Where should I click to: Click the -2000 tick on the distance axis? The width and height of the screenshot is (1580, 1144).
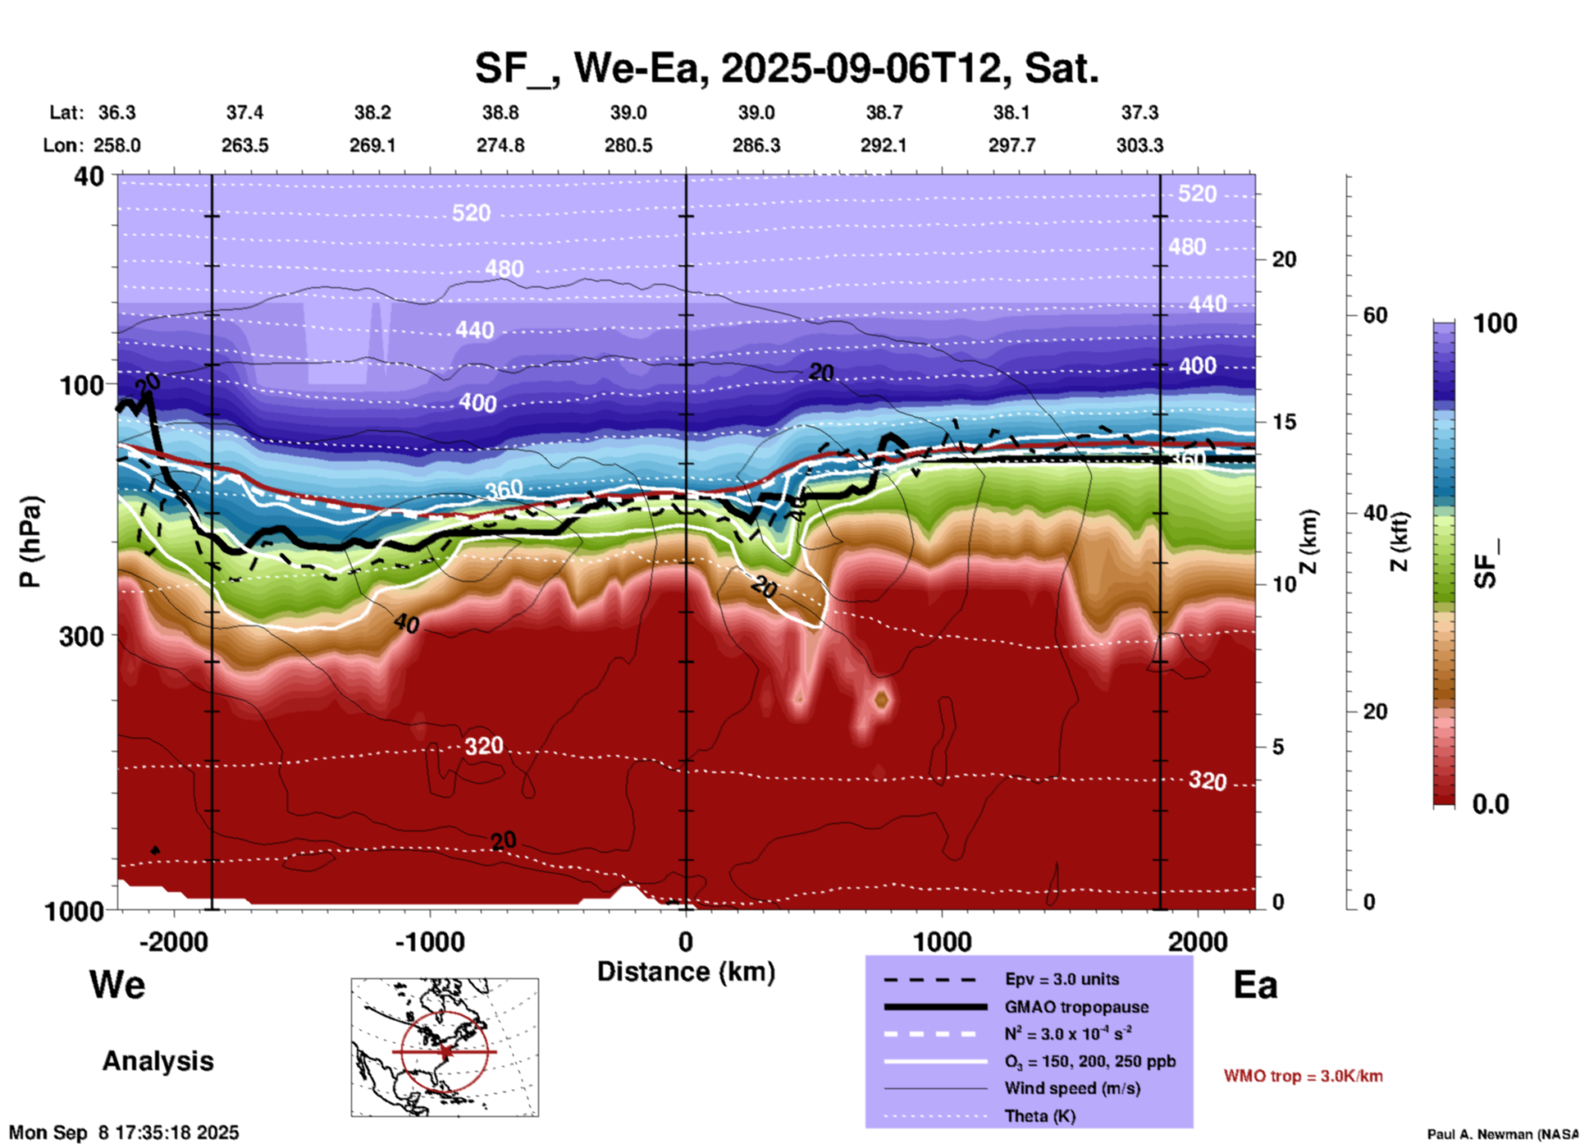pos(173,941)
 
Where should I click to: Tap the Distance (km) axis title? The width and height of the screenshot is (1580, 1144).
pos(686,972)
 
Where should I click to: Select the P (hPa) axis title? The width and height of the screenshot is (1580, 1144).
pos(30,542)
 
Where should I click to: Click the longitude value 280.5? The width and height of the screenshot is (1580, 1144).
pos(628,145)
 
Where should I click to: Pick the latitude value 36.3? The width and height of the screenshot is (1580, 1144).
pos(116,112)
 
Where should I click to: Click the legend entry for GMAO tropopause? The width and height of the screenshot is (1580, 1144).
pos(1076,1007)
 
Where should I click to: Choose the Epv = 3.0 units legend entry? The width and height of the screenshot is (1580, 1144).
pos(1062,979)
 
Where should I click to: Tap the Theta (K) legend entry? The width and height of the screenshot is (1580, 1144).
pos(1040,1116)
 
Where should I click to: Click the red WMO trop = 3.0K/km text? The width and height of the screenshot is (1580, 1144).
pos(1303,1076)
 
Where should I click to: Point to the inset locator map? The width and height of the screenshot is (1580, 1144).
pos(445,1047)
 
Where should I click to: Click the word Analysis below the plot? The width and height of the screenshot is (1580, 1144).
pos(158,1061)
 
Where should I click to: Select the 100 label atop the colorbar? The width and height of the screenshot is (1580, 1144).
pos(1495,323)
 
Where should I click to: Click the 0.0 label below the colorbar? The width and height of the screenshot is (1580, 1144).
pos(1491,804)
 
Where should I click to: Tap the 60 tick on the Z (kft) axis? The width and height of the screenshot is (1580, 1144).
pos(1375,315)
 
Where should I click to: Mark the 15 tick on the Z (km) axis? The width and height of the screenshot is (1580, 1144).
pos(1284,422)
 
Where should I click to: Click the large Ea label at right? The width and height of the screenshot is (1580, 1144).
pos(1255,985)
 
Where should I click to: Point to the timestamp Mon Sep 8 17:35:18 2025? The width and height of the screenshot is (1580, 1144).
pos(124,1133)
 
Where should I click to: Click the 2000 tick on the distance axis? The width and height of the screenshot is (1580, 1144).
pos(1198,941)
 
